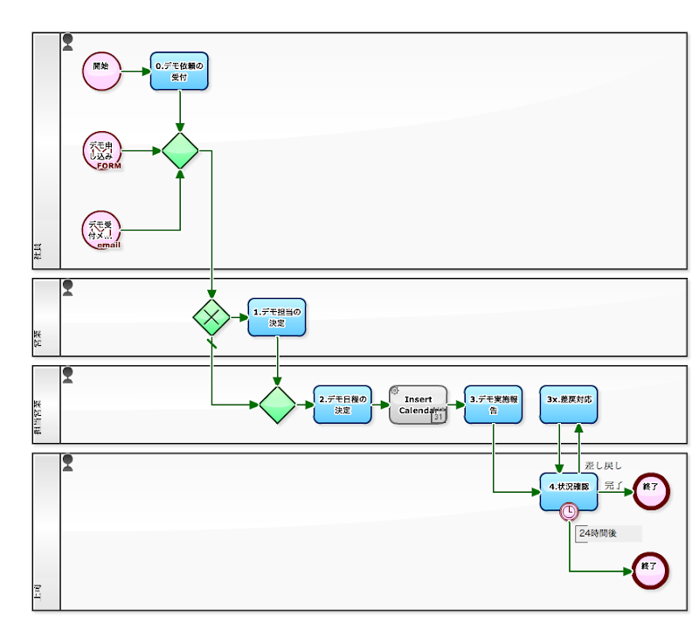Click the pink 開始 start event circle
point(100,71)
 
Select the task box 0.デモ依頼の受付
point(179,71)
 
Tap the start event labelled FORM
point(101,151)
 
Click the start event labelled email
point(101,231)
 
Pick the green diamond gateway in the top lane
point(180,151)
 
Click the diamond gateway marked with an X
point(211,317)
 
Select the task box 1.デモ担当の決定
point(277,317)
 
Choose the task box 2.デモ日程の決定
point(343,405)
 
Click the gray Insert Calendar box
point(418,405)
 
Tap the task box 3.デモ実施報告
point(493,405)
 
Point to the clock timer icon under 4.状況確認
point(570,511)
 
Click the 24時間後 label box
point(609,533)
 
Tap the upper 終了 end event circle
point(650,492)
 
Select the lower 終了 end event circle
point(650,571)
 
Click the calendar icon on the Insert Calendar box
point(439,417)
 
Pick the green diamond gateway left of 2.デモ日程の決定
point(277,405)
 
